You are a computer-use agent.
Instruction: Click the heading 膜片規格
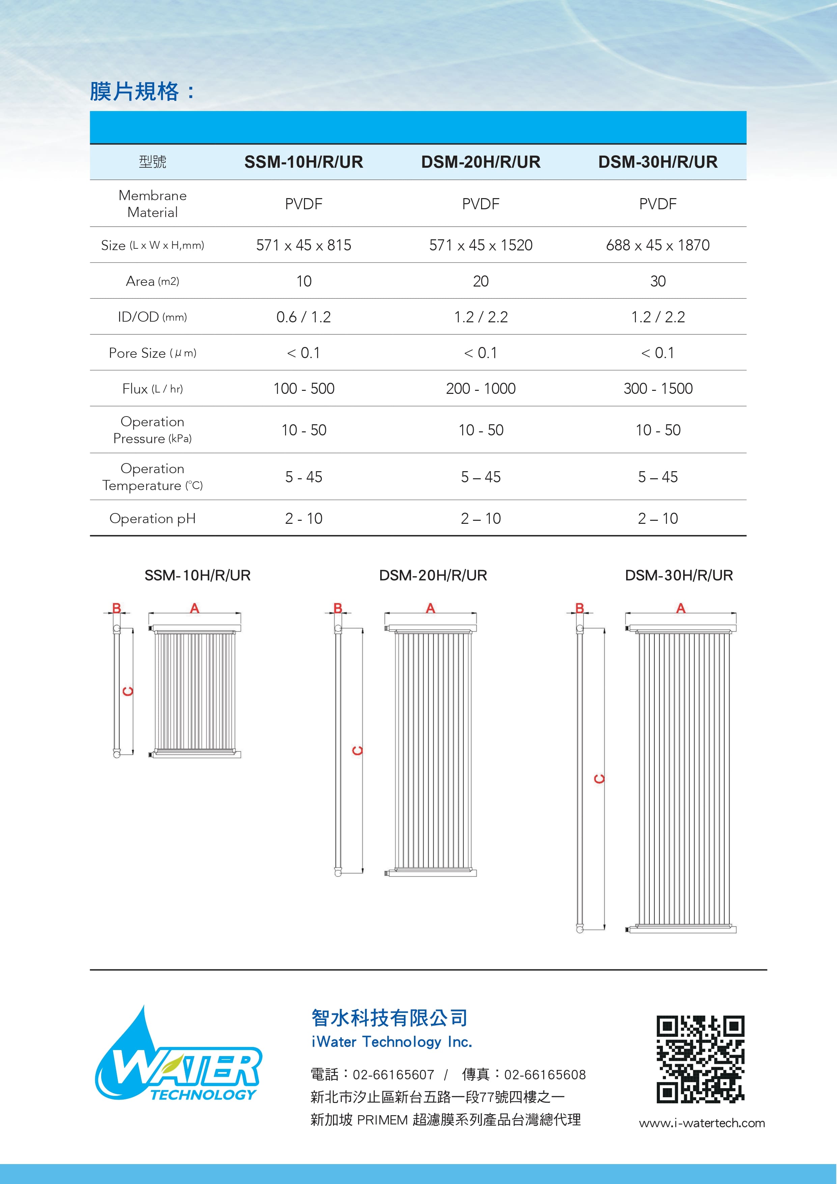pos(135,92)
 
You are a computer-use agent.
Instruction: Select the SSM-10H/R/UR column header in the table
pos(304,162)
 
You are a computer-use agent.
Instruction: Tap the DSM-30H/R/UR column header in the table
pos(658,162)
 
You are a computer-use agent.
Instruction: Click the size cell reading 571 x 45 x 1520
pos(480,245)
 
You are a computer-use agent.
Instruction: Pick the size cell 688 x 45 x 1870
pos(658,245)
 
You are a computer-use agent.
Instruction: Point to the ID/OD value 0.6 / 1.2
pos(304,317)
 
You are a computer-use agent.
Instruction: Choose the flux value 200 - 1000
pos(480,389)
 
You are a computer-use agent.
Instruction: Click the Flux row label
pos(152,389)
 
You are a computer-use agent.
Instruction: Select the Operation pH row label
pos(152,519)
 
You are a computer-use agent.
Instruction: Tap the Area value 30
pos(658,281)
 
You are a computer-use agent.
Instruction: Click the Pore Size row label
pos(152,353)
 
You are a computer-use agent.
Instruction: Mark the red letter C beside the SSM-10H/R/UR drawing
pos(128,691)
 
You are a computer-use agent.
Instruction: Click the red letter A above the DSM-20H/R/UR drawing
pos(430,609)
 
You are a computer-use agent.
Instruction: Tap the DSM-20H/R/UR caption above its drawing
pos(433,575)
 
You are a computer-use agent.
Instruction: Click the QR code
pos(700,1059)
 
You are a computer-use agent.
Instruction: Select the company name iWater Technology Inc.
pos(392,1042)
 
